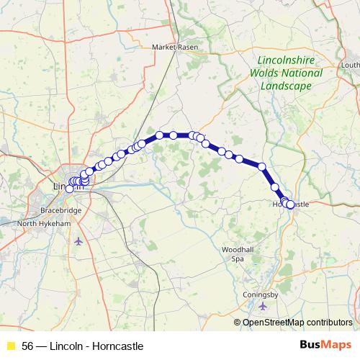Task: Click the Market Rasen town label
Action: (x=174, y=48)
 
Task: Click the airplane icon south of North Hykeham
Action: (x=78, y=240)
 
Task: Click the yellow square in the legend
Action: (x=11, y=346)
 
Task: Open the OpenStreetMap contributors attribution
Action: (x=297, y=322)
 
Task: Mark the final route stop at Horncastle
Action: (x=290, y=204)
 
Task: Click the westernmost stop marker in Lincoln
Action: (x=70, y=189)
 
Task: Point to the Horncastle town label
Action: (x=294, y=204)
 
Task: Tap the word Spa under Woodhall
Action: (x=238, y=258)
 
